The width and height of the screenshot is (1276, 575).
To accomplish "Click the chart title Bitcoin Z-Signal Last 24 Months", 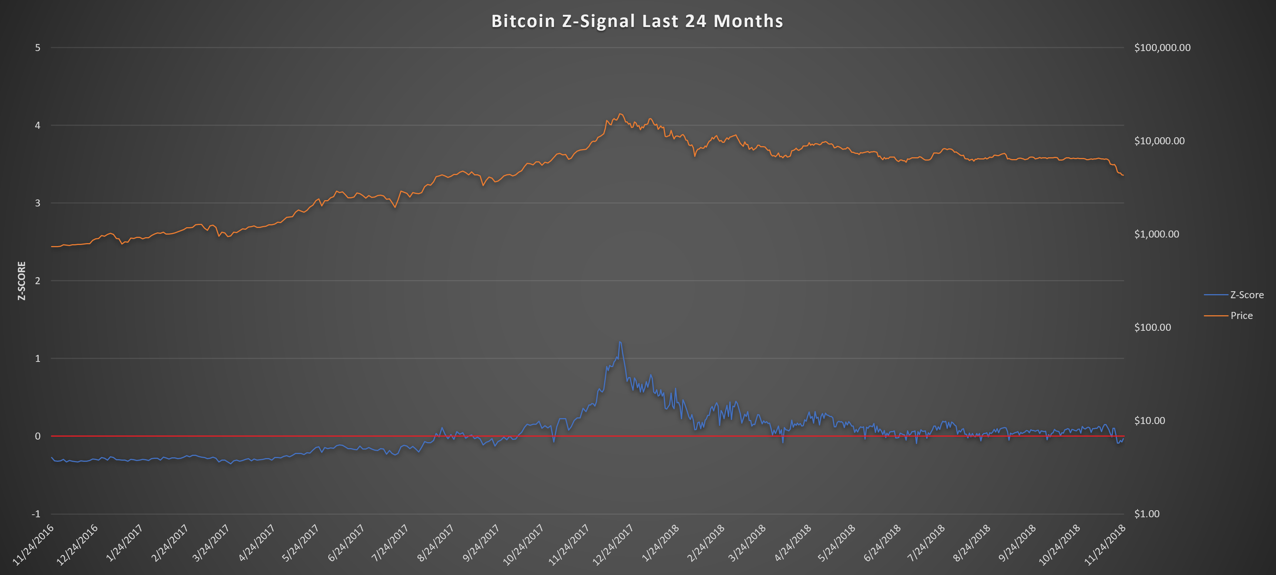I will (x=637, y=21).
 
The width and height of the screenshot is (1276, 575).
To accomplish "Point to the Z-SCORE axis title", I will (x=21, y=280).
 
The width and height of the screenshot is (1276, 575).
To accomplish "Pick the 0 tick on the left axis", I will (x=38, y=436).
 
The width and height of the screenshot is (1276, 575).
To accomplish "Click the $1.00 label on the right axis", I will (x=1147, y=514).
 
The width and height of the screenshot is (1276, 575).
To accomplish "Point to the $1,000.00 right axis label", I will (x=1156, y=234).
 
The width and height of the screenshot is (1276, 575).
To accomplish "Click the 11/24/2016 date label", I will (x=33, y=545).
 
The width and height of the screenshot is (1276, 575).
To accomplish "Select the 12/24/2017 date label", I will (x=613, y=545).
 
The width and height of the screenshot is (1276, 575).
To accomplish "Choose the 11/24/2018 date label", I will (x=1105, y=545).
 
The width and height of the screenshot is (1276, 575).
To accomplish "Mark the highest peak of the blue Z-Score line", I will (x=619, y=342).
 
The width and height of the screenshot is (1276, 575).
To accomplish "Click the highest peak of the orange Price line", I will (x=621, y=114).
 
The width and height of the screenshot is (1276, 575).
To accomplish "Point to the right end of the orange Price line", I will (x=1123, y=175).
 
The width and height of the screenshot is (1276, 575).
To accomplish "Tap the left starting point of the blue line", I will (x=51, y=458).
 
